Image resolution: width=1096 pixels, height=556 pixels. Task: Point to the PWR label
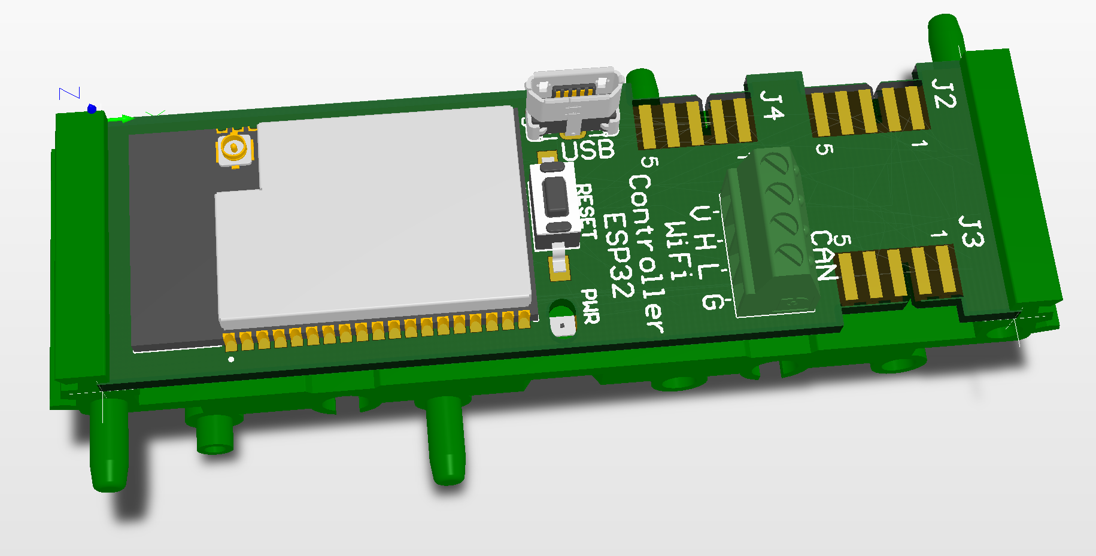coord(591,306)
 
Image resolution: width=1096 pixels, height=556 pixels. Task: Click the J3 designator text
coord(971,232)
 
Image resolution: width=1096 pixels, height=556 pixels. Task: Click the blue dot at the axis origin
coord(92,109)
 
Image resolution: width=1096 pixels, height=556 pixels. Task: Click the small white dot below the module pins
coord(232,360)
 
